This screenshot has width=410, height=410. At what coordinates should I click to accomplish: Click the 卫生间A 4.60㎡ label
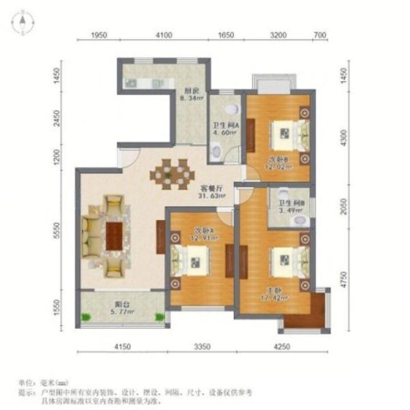[x=224, y=129]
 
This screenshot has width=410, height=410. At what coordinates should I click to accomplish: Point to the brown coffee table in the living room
[x=114, y=235]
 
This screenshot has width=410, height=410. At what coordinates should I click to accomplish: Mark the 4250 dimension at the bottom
[x=280, y=346]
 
